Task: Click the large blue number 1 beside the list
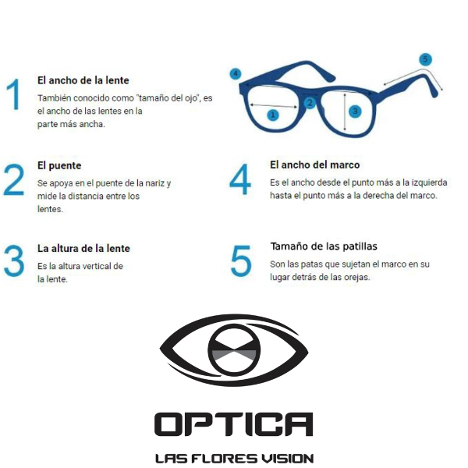tap(14, 94)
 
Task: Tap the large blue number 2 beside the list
tap(14, 179)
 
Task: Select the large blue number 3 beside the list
tap(14, 261)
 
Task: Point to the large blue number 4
tap(240, 179)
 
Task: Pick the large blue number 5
tap(241, 261)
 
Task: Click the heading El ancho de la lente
tap(83, 80)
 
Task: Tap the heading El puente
tap(59, 165)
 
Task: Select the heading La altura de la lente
tap(83, 248)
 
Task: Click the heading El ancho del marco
tap(315, 165)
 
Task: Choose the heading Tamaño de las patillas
tap(324, 246)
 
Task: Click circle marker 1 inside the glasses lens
tap(272, 115)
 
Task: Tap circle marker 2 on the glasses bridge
tap(310, 103)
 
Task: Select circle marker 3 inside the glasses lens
tap(355, 112)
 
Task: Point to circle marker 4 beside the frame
tap(236, 74)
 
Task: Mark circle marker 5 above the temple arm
tap(425, 59)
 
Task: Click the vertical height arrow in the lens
tap(345, 112)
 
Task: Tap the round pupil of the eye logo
tap(234, 350)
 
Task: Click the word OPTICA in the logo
tap(233, 424)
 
